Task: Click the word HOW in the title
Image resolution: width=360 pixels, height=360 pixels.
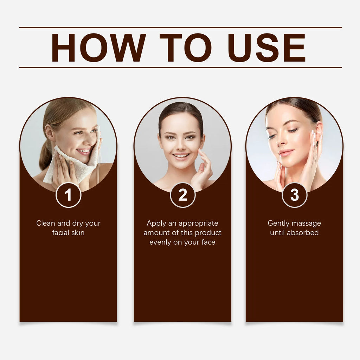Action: click(98, 47)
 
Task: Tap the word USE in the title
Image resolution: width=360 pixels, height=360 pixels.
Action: click(266, 47)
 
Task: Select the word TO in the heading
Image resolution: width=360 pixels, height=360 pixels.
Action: click(186, 47)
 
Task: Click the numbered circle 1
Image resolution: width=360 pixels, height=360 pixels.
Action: click(69, 195)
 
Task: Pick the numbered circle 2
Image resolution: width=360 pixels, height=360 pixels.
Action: click(182, 195)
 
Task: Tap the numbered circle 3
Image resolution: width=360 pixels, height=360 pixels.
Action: click(294, 195)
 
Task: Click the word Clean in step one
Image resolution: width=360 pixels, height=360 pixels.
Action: click(45, 223)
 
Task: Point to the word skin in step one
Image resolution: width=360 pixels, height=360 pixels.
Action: click(78, 233)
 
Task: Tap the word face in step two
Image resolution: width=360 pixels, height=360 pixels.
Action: click(208, 242)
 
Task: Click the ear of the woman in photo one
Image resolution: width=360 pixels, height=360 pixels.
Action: click(49, 133)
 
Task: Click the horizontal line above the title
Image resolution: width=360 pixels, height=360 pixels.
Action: click(180, 27)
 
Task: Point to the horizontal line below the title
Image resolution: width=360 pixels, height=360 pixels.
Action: click(180, 67)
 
